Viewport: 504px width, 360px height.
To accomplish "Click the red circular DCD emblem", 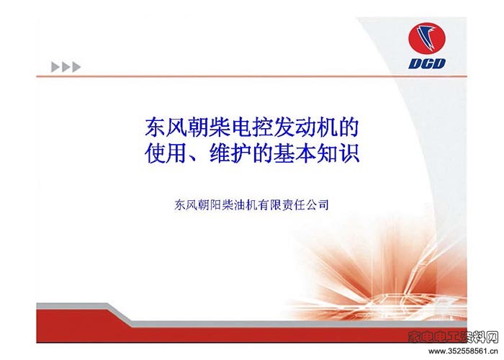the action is [427, 39].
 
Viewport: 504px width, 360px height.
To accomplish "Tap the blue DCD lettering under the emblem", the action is [427, 63].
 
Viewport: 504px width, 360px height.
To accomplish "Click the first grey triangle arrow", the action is [55, 67].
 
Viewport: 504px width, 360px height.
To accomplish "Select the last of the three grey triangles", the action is [76, 67].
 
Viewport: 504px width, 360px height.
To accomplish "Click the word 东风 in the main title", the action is [166, 127].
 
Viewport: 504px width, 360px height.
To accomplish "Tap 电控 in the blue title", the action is [252, 127].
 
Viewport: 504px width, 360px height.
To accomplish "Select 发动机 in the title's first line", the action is [305, 127].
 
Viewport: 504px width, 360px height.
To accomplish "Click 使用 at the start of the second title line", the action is [166, 154].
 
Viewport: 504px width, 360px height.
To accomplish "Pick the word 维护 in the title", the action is [230, 154].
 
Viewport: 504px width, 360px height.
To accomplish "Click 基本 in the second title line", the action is [294, 154].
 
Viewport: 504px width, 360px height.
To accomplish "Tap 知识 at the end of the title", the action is [338, 154].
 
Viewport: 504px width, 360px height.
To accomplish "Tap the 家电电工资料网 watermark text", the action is [453, 337].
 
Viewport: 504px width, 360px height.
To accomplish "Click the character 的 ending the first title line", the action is [348, 127].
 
